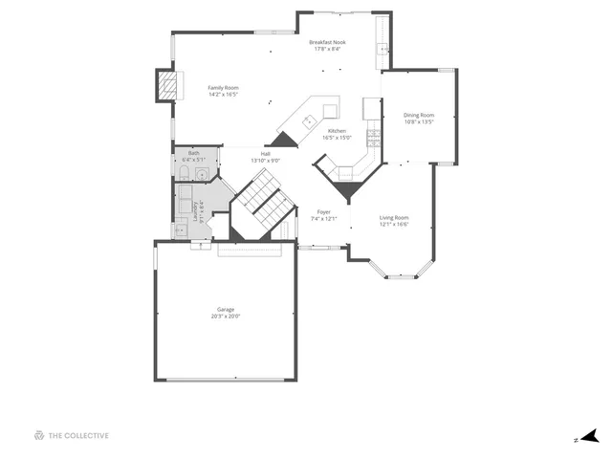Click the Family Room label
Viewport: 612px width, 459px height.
(x=223, y=88)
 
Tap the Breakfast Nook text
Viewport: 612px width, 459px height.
(x=327, y=42)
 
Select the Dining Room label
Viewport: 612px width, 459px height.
(x=419, y=116)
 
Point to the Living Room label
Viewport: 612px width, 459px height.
(x=394, y=218)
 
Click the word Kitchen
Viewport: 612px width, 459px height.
(x=337, y=131)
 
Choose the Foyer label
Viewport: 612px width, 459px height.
(x=324, y=212)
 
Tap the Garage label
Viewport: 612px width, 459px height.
(x=226, y=309)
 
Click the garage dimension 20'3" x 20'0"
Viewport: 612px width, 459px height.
(x=226, y=316)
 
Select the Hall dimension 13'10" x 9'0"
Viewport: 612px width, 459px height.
(x=265, y=161)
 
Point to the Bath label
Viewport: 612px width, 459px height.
(x=194, y=153)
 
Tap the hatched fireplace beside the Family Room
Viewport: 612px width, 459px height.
(x=168, y=85)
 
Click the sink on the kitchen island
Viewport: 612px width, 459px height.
(x=309, y=120)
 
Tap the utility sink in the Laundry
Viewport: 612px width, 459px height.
(x=179, y=229)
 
